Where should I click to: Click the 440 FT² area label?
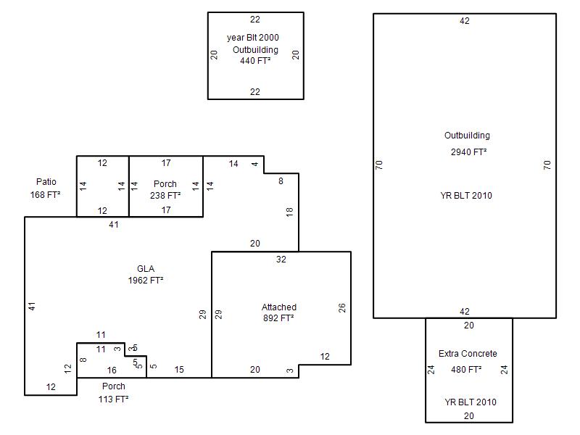point(255,61)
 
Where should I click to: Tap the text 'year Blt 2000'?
point(252,38)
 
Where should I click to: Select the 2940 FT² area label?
point(468,152)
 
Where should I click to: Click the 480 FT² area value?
point(466,369)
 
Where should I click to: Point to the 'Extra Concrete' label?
point(468,353)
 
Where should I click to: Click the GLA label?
point(146,268)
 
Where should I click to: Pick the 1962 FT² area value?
point(146,281)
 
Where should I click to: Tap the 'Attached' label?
point(279,307)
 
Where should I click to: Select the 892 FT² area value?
point(278,318)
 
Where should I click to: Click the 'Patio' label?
point(46,182)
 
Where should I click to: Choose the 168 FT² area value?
point(45,194)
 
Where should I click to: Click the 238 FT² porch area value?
point(165,195)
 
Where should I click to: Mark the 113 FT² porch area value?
point(114,399)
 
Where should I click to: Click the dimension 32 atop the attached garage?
point(281,260)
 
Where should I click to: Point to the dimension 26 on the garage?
point(341,307)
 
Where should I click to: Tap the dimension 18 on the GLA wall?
point(289,212)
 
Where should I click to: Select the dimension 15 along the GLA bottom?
point(179,370)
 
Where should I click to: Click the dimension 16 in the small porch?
point(112,370)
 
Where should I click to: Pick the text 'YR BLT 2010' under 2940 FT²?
point(466,195)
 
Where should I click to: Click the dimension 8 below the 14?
point(281,181)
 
